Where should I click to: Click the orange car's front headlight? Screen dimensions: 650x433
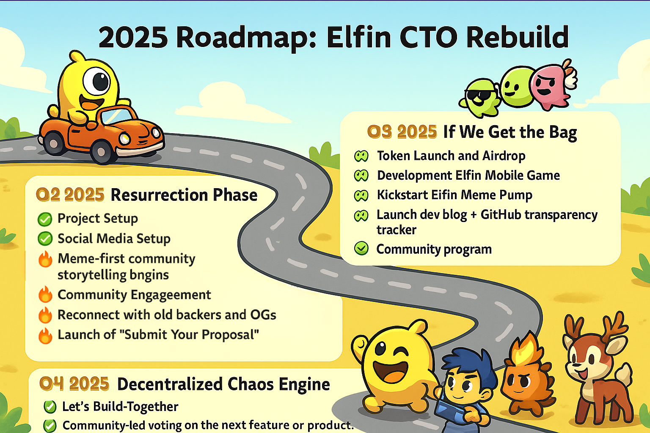124,138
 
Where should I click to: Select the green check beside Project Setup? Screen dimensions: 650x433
45,219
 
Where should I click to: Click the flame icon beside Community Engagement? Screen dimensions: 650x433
45,294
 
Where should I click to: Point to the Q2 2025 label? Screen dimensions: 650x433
70,195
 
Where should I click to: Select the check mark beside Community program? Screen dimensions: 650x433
361,249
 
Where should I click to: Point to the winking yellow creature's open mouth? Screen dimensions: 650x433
389,371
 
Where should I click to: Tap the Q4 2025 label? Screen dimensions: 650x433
74,384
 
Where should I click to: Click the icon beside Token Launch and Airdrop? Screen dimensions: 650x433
361,156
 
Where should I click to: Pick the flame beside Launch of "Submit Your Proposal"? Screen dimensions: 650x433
45,335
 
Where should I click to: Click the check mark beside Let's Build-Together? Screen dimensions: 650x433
50,407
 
